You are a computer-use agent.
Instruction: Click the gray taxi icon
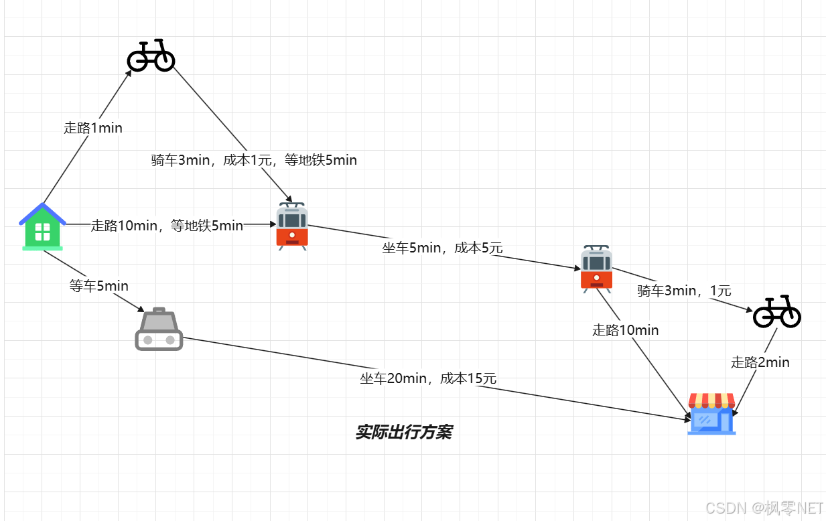pos(159,329)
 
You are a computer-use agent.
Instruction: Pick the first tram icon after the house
pos(292,226)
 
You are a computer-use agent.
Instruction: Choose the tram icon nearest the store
pos(596,268)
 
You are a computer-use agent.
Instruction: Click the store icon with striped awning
pos(711,413)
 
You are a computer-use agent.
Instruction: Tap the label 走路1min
pos(93,127)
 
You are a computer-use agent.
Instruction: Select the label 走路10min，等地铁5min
pos(167,226)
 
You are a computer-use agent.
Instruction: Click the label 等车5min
pos(99,286)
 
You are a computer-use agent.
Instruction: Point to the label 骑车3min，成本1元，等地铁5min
pos(254,160)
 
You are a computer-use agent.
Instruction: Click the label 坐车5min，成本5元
pos(442,248)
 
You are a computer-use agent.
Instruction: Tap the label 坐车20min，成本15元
pos(428,378)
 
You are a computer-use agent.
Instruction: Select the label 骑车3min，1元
pos(684,291)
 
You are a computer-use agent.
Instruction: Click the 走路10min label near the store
pos(625,330)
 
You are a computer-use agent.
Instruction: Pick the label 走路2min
pos(760,362)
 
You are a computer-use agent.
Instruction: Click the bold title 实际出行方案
pos(403,432)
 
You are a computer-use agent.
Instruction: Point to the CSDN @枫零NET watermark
pos(764,508)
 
